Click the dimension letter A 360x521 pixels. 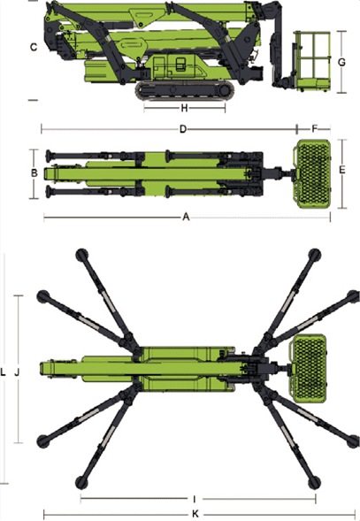tap(186, 217)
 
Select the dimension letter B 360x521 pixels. tap(34, 173)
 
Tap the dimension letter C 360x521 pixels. tap(34, 47)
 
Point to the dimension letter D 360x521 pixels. tap(183, 129)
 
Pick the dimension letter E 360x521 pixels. tap(341, 170)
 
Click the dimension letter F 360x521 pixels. tap(315, 128)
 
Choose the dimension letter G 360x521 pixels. tap(341, 62)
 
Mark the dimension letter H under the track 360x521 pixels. tap(185, 108)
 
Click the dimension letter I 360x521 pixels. tap(195, 499)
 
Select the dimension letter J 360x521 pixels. tap(17, 372)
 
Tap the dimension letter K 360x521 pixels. tap(195, 514)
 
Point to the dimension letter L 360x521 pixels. tap(3, 372)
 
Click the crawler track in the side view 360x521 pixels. tap(185, 90)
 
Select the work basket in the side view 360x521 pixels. tap(312, 61)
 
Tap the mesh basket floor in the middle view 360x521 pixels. tap(312, 173)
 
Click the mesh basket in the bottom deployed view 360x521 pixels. tap(308, 369)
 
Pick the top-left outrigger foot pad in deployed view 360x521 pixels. tap(82, 255)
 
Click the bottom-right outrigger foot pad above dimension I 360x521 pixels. tap(314, 482)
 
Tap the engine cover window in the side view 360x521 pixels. tap(180, 64)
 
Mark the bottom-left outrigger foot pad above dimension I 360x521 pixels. tap(82, 482)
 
